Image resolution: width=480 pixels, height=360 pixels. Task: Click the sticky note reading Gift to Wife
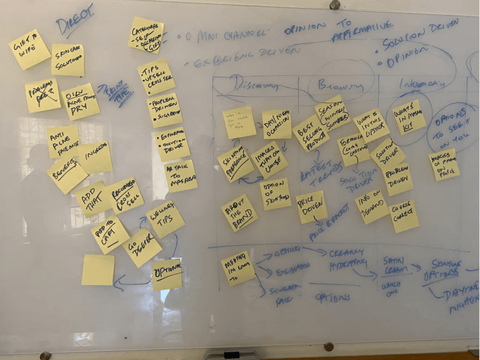[30, 49]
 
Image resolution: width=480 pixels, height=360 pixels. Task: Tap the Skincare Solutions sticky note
[68, 60]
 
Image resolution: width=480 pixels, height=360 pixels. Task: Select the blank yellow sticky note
[98, 269]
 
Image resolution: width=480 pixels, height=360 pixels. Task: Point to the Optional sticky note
[167, 274]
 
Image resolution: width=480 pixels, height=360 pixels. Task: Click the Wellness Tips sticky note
[165, 219]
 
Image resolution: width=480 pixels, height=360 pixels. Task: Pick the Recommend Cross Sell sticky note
[123, 195]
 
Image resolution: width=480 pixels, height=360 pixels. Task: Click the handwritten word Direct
[75, 19]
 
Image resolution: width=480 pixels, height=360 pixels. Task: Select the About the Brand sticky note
[239, 212]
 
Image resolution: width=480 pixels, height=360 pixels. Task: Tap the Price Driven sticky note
[312, 207]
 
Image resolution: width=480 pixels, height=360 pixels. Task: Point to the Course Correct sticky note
[404, 216]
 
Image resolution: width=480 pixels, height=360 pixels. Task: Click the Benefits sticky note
[67, 174]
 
